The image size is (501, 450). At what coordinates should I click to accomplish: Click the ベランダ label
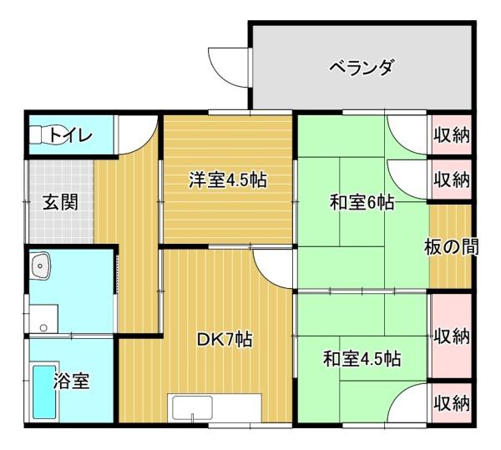coord(361,66)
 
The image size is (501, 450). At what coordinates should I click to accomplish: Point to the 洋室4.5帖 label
coord(227,179)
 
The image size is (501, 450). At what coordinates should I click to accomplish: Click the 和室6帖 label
coord(362,202)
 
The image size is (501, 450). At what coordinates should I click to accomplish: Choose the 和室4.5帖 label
coord(362,359)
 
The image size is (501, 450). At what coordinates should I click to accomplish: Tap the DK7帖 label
coord(225,340)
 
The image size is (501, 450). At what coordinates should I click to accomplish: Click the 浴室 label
coord(72,381)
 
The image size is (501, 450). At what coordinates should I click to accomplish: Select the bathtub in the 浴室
coord(43,392)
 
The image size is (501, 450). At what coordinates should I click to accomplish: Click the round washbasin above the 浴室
coord(41,266)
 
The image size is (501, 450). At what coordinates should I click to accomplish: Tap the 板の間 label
coord(452,248)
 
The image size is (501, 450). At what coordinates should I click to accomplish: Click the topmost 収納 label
coord(452,134)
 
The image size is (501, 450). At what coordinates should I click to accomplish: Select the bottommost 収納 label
coord(452,404)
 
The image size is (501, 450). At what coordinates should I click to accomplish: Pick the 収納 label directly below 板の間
coord(452,336)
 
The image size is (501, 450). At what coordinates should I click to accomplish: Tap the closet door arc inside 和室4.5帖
coord(407,406)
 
